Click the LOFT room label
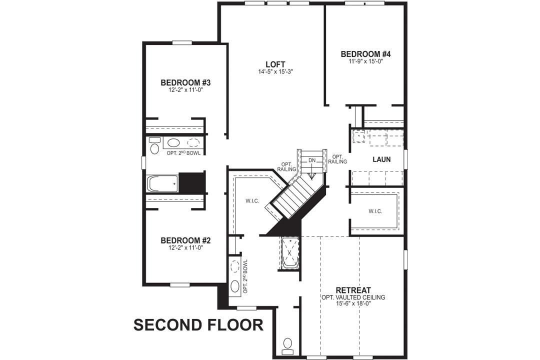pyautogui.click(x=275, y=64)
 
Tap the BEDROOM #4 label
pyautogui.click(x=365, y=54)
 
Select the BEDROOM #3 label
pyautogui.click(x=185, y=82)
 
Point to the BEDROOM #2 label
pyautogui.click(x=186, y=240)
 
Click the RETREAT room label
pyautogui.click(x=353, y=290)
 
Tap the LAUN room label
pyautogui.click(x=381, y=159)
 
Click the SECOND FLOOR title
pyautogui.click(x=198, y=325)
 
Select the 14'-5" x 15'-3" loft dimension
pyautogui.click(x=275, y=72)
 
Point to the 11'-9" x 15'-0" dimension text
pyautogui.click(x=365, y=61)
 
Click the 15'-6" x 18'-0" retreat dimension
pyautogui.click(x=353, y=304)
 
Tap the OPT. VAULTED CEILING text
pyautogui.click(x=353, y=297)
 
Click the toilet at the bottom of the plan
pyautogui.click(x=287, y=344)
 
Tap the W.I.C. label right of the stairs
pyautogui.click(x=375, y=211)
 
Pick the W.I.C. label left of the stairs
pyautogui.click(x=251, y=201)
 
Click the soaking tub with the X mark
pyautogui.click(x=289, y=253)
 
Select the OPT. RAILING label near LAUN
pyautogui.click(x=338, y=159)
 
